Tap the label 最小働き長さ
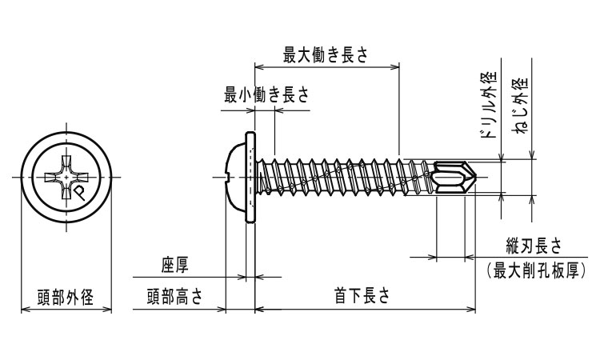click(x=266, y=94)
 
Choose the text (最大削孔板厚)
click(x=536, y=270)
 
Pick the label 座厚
click(x=174, y=265)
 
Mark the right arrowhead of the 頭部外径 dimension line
click(x=106, y=307)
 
